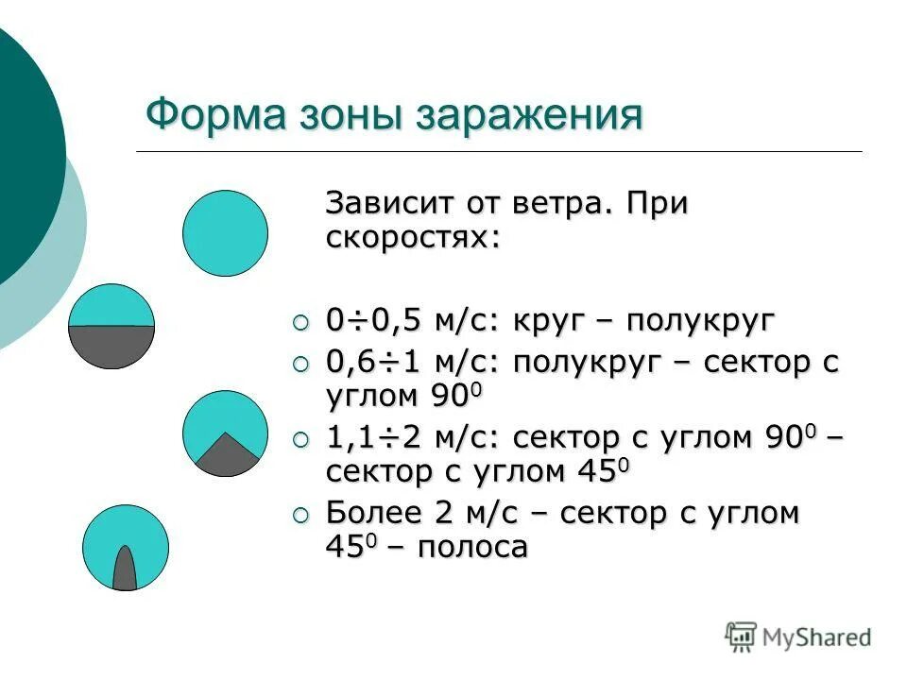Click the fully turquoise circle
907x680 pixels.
coord(225,232)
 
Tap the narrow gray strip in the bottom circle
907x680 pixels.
coord(125,570)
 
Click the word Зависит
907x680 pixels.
coord(388,203)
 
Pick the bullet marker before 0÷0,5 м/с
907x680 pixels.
coord(300,323)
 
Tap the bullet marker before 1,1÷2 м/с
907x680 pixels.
coord(300,438)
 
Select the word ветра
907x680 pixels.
coord(558,203)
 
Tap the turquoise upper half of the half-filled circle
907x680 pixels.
coord(111,307)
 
